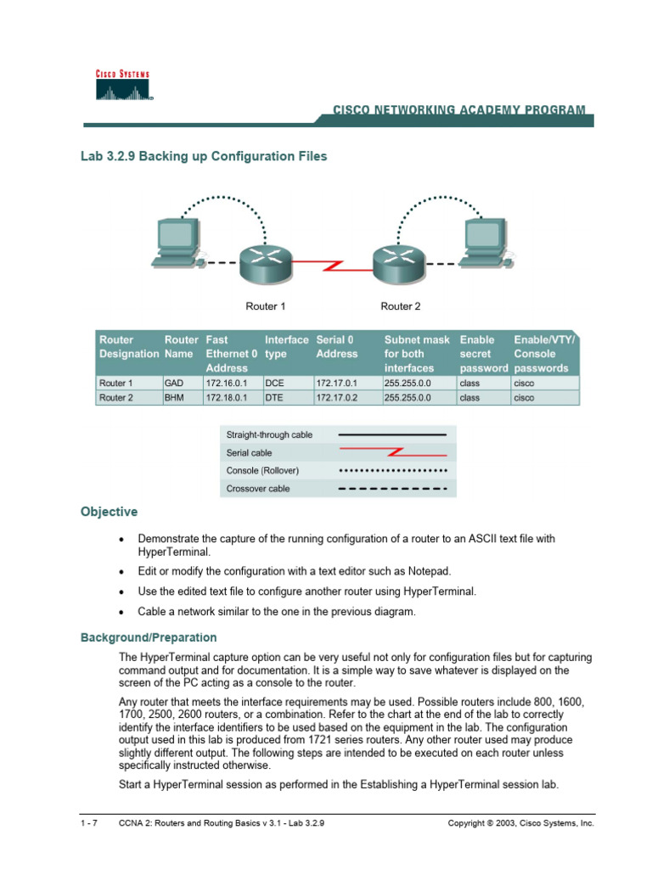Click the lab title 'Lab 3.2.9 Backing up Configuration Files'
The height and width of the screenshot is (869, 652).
click(204, 157)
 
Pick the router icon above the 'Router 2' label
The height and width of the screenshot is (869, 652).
click(396, 266)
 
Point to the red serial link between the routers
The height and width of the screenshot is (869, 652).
click(331, 266)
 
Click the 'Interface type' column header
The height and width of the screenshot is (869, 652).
click(286, 346)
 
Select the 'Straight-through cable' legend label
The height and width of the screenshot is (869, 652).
click(269, 435)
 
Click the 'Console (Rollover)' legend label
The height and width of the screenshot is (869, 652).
click(262, 471)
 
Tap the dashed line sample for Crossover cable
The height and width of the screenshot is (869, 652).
click(392, 489)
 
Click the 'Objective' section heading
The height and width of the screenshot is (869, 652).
click(109, 513)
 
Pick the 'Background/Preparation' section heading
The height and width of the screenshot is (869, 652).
click(149, 637)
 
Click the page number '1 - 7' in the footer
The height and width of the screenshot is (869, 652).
click(87, 824)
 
